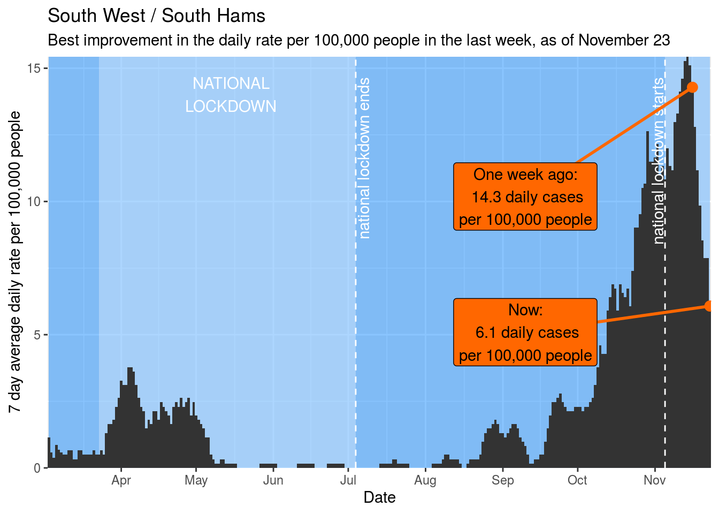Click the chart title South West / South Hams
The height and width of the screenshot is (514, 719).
pos(156,16)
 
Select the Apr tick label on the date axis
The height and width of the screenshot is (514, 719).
pos(121,480)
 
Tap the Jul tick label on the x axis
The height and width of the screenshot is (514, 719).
pos(348,480)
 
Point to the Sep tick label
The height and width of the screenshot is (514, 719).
pos(502,480)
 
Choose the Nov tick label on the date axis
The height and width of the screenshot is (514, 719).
pos(654,480)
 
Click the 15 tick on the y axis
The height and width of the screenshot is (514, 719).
pos(36,69)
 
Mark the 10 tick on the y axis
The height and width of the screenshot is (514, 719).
pos(36,202)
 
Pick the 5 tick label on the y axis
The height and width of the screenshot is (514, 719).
pos(38,335)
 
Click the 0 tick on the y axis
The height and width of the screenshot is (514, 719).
pos(38,468)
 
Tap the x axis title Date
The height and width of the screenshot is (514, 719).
pos(379,497)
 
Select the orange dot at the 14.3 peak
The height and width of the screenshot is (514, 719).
pos(692,87)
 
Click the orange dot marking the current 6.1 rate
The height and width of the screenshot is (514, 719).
pos(709,306)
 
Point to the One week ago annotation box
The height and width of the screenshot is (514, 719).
pos(525,197)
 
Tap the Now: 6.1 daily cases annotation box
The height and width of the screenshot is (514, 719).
pos(525,332)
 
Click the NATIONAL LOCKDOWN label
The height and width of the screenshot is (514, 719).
pos(231,95)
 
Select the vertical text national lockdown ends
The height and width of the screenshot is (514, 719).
pos(364,158)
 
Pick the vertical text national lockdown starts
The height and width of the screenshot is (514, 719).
pos(660,161)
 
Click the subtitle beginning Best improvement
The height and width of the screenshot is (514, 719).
pos(358,41)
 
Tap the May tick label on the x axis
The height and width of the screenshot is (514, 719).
pos(196,480)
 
